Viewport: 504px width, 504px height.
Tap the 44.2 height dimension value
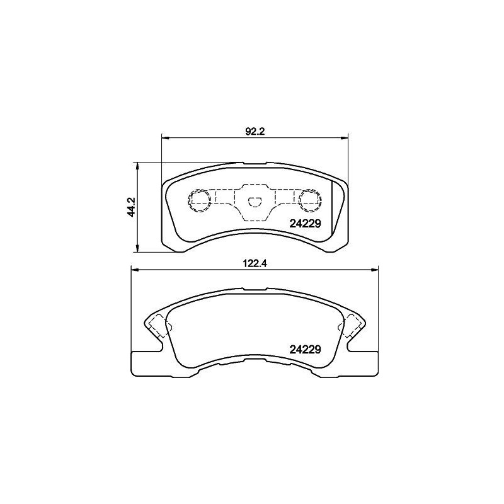(130, 207)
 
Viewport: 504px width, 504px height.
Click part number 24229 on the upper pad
(305, 223)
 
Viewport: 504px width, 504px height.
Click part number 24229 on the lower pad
(305, 348)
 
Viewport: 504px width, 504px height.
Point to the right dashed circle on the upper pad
(309, 200)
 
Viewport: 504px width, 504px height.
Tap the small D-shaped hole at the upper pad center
(255, 202)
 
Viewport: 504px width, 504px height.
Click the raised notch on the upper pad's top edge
(255, 164)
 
